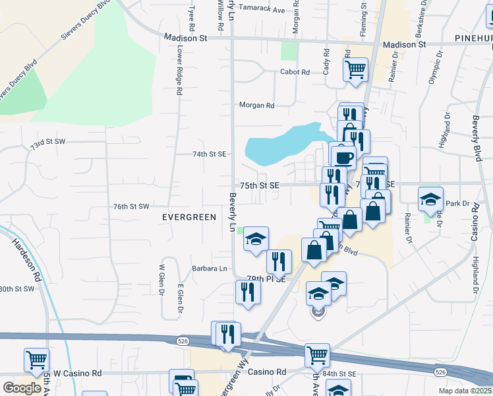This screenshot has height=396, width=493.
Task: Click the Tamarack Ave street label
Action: pos(262,11)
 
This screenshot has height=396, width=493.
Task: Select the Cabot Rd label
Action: pos(295,72)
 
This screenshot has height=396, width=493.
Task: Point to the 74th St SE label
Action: pos(209,154)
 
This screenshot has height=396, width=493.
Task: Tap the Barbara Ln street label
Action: pos(210,269)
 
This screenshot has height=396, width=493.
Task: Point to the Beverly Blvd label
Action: pos(475,139)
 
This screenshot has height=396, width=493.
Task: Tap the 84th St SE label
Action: pos(339,374)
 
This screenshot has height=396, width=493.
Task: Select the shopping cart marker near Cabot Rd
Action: pos(355,68)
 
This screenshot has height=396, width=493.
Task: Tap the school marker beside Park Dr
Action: pos(430,198)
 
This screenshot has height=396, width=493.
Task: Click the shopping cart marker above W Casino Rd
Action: pos(36,360)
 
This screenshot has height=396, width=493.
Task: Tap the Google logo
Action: pos(22,388)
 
